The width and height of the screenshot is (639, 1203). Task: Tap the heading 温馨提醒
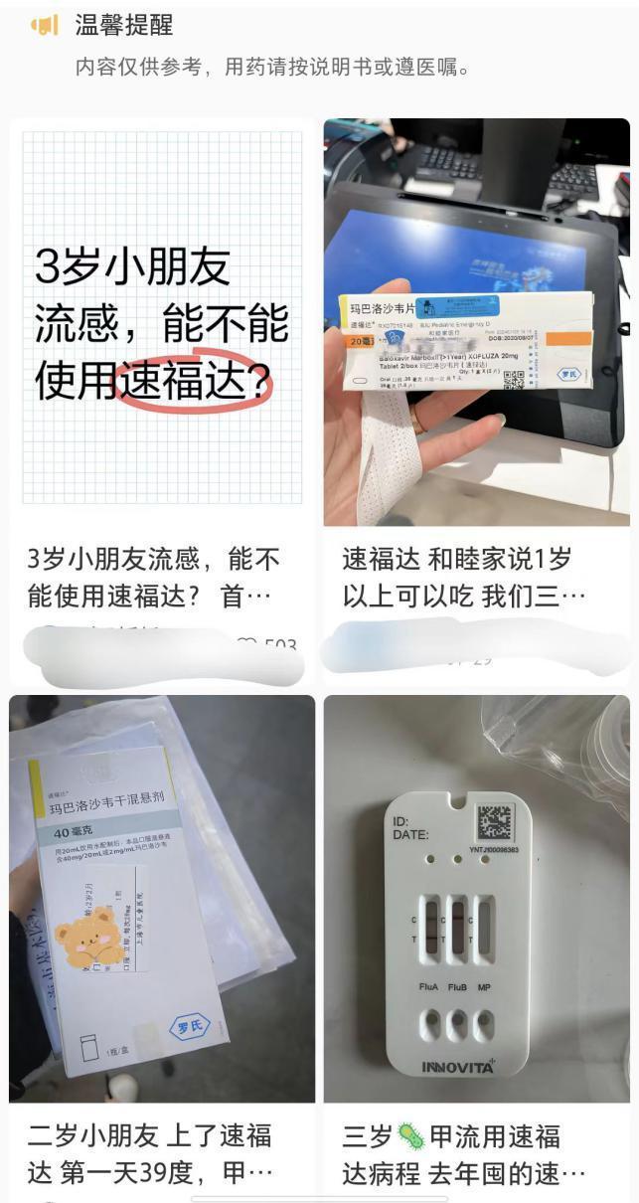tap(123, 26)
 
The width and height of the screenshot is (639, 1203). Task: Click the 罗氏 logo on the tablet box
tap(568, 376)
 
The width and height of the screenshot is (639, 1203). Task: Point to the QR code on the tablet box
tap(513, 380)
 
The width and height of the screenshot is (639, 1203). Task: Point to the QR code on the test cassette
tap(494, 822)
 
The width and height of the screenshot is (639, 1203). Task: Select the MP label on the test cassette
tap(484, 988)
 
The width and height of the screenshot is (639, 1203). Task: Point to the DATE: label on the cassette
tap(410, 835)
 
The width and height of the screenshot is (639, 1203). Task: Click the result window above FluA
tap(430, 927)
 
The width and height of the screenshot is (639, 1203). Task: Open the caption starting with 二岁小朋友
tap(149, 1153)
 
